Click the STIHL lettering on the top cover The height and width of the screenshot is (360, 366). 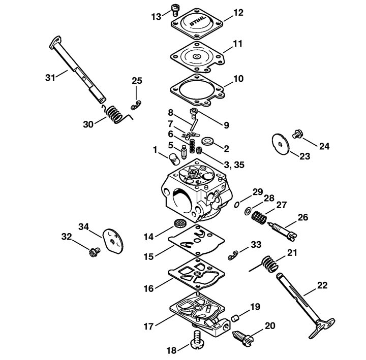[198, 21]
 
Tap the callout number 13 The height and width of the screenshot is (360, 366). [156, 17]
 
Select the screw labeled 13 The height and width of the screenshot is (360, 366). [175, 10]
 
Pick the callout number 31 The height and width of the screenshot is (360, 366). [50, 78]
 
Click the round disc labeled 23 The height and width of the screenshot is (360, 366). [281, 143]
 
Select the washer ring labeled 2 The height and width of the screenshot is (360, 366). [207, 141]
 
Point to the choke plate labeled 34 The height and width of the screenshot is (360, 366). [113, 241]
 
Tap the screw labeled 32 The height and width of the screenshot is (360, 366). [95, 251]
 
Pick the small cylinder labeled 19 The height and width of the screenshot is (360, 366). [235, 318]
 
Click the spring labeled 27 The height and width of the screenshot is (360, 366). [259, 218]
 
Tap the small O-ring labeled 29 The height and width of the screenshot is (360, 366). [236, 205]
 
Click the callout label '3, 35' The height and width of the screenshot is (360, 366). [234, 165]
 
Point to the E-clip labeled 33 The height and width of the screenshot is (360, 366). [233, 255]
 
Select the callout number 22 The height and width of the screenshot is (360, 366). [322, 285]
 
